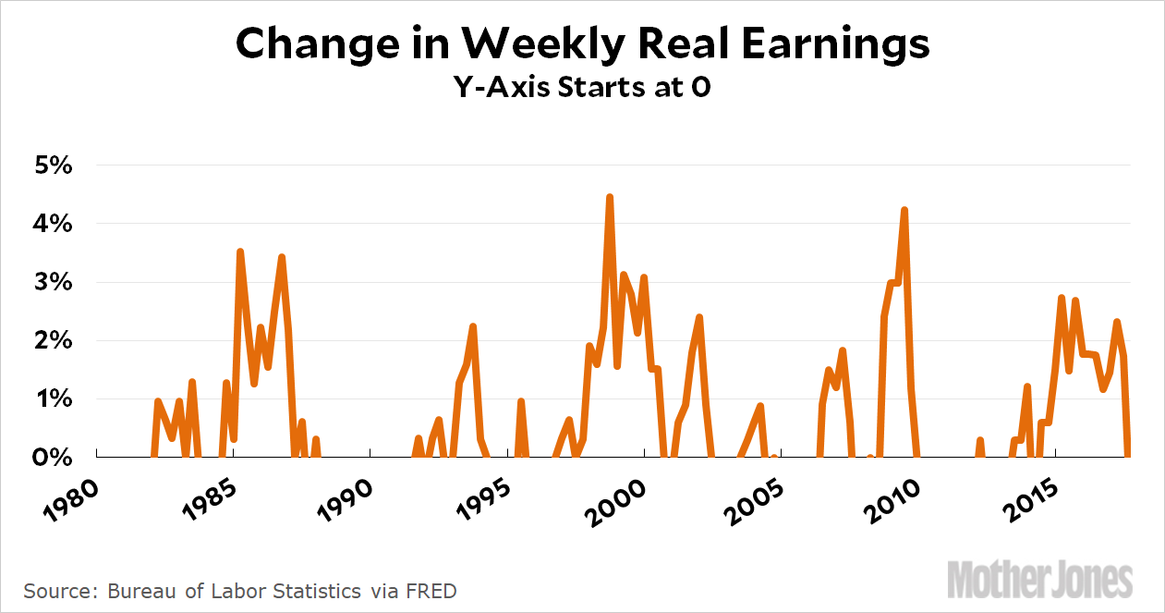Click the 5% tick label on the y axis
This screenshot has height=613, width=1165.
(52, 166)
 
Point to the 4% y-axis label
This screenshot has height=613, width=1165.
(52, 225)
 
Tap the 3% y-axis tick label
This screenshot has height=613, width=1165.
(52, 283)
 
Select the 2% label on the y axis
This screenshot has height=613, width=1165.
(52, 341)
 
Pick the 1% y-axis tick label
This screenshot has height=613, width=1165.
(52, 399)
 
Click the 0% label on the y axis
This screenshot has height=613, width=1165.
(52, 458)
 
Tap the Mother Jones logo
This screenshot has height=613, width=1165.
(1040, 579)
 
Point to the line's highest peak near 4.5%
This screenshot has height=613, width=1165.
(610, 197)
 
